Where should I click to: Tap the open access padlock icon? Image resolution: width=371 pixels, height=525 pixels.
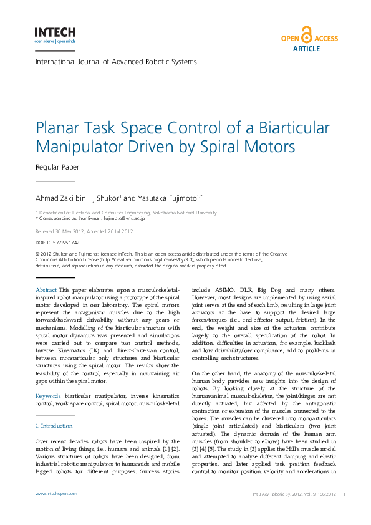click(x=306, y=35)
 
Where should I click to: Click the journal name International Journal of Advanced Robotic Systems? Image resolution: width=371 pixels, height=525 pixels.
click(x=116, y=62)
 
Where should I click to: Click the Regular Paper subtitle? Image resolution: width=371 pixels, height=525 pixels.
click(x=57, y=168)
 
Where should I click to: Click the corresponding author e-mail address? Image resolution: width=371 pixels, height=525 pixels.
click(x=123, y=219)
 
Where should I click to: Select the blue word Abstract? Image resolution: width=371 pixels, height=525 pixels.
click(x=46, y=291)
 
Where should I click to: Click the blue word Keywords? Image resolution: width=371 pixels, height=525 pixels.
click(x=48, y=396)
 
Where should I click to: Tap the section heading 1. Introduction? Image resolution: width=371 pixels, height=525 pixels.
click(x=54, y=426)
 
